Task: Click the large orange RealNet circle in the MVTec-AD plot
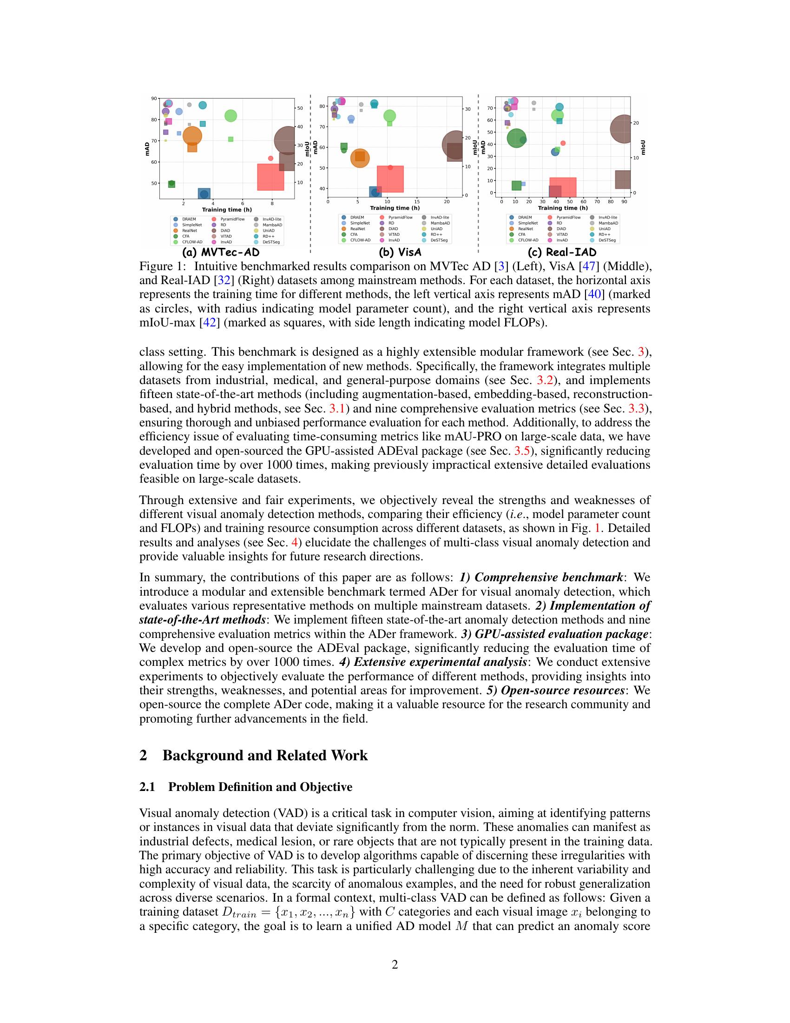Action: coord(192,136)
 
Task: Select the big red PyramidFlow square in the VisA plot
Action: coord(390,179)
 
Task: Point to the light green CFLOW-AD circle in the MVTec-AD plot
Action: coord(230,116)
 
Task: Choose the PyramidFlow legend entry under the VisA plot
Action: coord(400,217)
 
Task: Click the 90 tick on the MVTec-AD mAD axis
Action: coord(154,99)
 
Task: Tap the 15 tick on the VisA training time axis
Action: coord(417,202)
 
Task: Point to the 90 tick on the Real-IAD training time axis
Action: coord(624,201)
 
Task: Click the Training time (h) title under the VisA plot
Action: coord(395,208)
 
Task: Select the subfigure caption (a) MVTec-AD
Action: coord(220,252)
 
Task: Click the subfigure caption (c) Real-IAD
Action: coord(562,252)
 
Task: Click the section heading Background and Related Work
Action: coord(265,756)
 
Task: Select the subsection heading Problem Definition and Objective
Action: coord(260,787)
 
